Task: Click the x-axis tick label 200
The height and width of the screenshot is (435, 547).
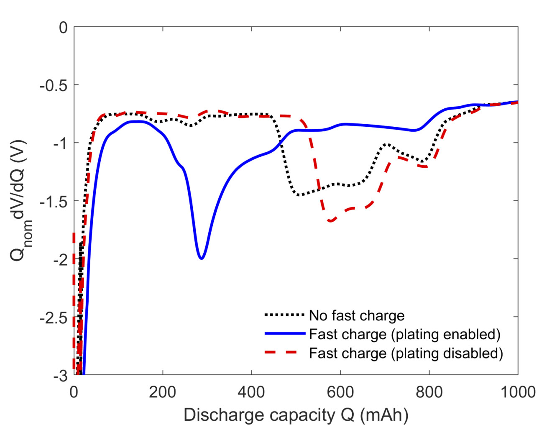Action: click(163, 392)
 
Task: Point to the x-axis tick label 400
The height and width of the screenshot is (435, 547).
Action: click(251, 392)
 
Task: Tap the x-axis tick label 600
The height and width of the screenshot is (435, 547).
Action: click(340, 392)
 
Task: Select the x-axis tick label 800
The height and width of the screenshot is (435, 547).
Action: click(429, 392)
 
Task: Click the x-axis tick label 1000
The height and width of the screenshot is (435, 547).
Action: click(518, 392)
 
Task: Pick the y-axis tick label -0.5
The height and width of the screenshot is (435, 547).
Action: click(53, 85)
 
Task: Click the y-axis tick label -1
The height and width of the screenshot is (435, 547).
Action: click(59, 143)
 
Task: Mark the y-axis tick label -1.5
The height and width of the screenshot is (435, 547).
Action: click(53, 201)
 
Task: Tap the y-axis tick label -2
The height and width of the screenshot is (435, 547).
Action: click(59, 259)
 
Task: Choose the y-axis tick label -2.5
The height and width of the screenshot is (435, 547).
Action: click(53, 317)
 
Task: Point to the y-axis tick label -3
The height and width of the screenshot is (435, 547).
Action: click(59, 376)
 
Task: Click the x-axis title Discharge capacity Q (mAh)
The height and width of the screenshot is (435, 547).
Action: click(296, 415)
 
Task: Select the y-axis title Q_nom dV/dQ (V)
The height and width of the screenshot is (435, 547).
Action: click(20, 201)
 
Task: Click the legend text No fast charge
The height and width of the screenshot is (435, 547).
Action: click(357, 315)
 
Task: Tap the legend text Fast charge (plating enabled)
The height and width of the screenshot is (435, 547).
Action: click(405, 334)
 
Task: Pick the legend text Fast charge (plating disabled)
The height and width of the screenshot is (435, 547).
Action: click(406, 353)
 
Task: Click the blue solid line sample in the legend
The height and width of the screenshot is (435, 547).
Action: click(285, 334)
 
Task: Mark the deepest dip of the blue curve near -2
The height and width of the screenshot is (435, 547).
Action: click(202, 258)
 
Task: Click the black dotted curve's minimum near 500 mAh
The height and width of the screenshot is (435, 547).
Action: click(298, 195)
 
